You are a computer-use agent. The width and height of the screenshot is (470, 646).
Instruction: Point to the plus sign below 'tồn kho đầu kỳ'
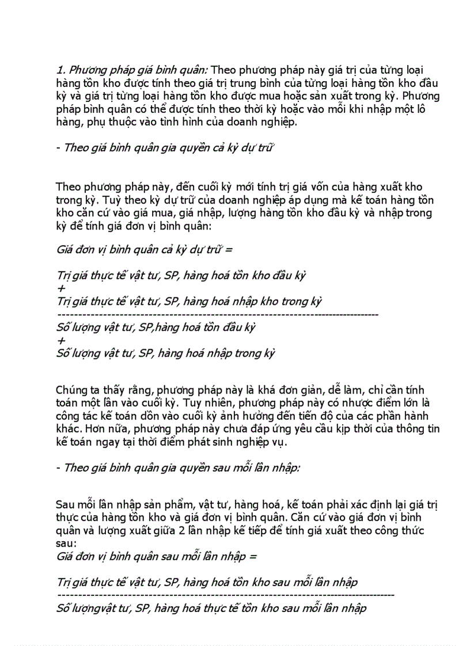coord(61,288)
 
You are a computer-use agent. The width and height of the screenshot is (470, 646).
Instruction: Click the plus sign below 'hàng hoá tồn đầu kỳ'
coord(61,341)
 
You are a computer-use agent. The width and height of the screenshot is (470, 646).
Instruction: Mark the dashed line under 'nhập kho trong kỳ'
coord(218,315)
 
